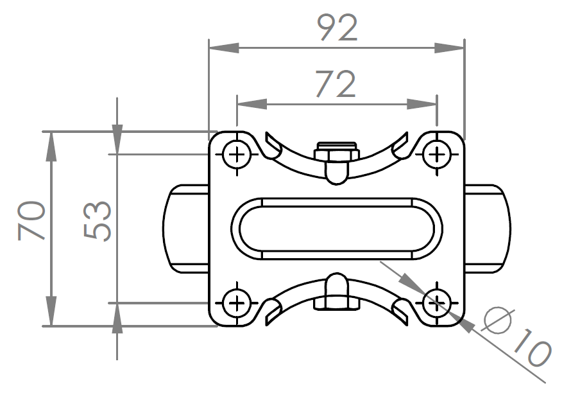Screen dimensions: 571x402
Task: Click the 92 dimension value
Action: click(x=337, y=28)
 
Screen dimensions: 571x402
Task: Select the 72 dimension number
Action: click(x=336, y=84)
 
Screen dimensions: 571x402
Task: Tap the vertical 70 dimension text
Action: click(x=31, y=220)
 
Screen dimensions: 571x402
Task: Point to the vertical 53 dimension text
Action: click(x=98, y=221)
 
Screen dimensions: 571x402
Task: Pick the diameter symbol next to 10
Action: click(x=498, y=320)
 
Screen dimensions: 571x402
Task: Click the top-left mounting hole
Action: click(x=237, y=155)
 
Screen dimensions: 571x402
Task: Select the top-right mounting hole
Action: click(x=437, y=155)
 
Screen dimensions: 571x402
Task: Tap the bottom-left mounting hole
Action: click(x=237, y=302)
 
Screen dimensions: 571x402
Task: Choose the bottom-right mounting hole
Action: click(x=437, y=302)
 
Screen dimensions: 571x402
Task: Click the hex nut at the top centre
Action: click(x=336, y=151)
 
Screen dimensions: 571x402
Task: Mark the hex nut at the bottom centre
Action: click(x=336, y=304)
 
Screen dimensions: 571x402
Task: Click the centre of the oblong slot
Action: click(x=337, y=229)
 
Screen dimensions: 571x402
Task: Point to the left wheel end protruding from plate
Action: click(x=185, y=229)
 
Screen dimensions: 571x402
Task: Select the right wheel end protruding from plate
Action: click(x=488, y=229)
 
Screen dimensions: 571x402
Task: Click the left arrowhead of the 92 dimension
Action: click(x=224, y=48)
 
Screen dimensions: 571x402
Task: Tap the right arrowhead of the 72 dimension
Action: click(x=422, y=104)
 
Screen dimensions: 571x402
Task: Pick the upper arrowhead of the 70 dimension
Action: click(x=51, y=146)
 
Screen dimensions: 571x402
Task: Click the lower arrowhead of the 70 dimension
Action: click(x=51, y=311)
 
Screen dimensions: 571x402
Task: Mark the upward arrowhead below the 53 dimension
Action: click(x=117, y=318)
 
